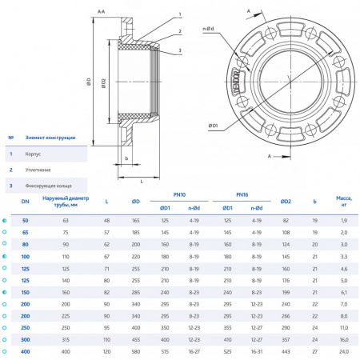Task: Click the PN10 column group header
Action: pyautogui.click(x=179, y=194)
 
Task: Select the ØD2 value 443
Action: pyautogui.click(x=286, y=352)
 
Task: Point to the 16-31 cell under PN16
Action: pyautogui.click(x=257, y=352)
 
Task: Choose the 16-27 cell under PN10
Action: pyautogui.click(x=194, y=352)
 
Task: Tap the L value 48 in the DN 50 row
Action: pyautogui.click(x=107, y=219)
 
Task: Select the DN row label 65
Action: pyautogui.click(x=25, y=231)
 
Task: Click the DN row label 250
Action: pyautogui.click(x=25, y=328)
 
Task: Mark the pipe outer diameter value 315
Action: pyautogui.click(x=66, y=340)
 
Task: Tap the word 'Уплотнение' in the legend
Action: pyautogui.click(x=38, y=170)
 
